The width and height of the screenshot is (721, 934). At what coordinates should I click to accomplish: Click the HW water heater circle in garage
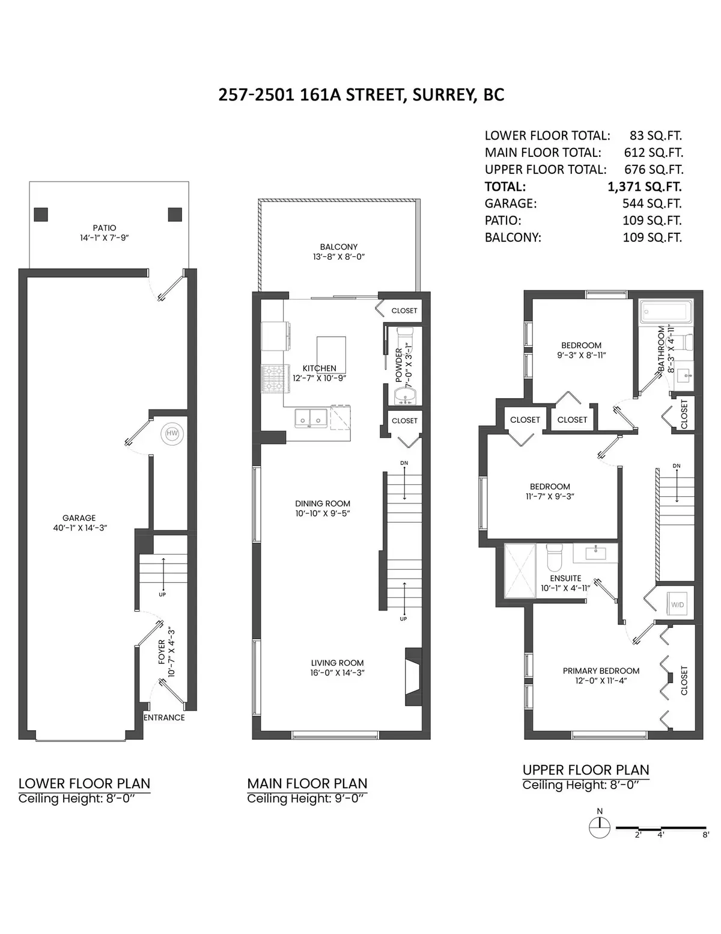[172, 433]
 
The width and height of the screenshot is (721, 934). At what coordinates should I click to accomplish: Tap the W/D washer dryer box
[677, 604]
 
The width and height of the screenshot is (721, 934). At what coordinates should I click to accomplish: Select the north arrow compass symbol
[599, 828]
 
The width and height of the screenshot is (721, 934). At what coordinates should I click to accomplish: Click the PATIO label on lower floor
[105, 228]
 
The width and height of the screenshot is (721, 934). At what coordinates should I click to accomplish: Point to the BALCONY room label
[338, 247]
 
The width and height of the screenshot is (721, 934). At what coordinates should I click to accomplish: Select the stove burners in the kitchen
[272, 379]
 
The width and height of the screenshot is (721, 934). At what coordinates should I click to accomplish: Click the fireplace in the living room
[413, 676]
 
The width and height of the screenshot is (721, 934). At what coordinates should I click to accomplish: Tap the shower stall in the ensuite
[519, 570]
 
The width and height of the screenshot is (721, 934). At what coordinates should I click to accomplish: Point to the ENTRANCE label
[164, 717]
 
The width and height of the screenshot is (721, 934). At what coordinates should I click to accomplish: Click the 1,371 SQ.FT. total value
[645, 186]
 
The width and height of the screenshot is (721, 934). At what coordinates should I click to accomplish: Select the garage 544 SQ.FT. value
[652, 203]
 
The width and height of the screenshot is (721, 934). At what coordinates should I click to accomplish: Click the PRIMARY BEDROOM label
[601, 671]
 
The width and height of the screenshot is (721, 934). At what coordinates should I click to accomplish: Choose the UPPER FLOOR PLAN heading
[586, 770]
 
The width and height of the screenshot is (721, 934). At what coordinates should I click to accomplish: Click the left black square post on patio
[41, 214]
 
